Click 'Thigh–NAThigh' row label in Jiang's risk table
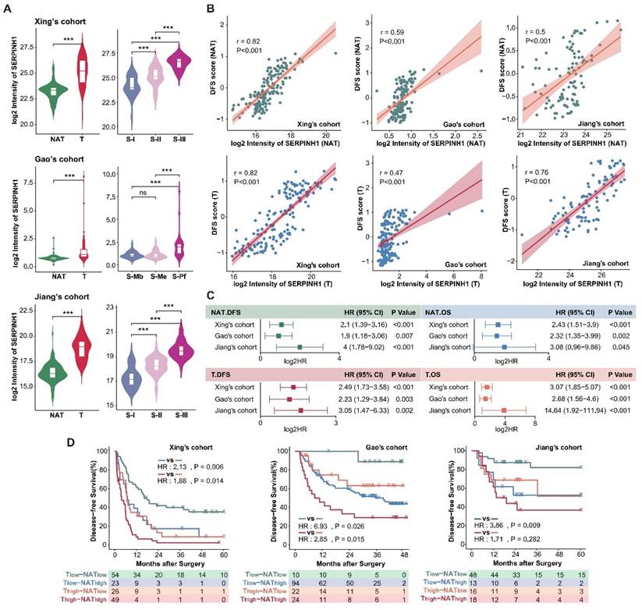point(461,601)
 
